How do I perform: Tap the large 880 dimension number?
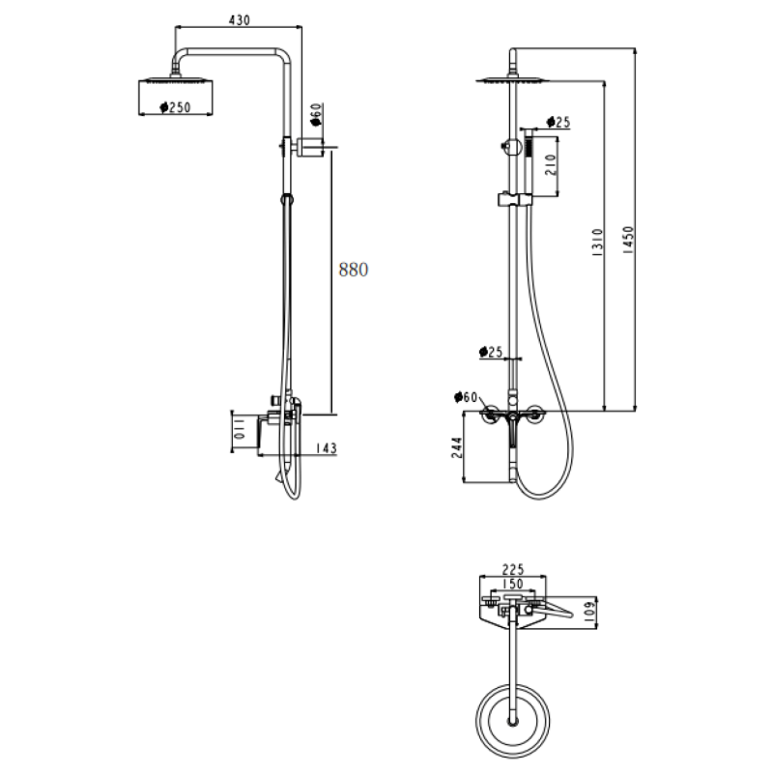[354, 271]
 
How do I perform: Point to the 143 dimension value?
[326, 447]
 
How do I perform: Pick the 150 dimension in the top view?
[511, 584]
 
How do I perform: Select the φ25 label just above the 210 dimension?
[558, 122]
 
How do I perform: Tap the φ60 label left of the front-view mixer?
[467, 397]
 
